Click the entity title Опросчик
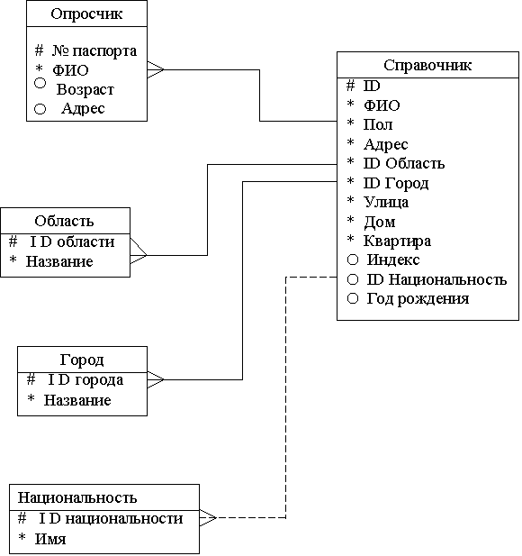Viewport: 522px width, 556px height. (x=86, y=14)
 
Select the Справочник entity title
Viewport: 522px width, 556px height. (x=427, y=65)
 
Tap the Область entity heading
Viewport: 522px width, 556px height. (x=64, y=221)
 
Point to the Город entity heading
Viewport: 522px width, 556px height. (x=82, y=360)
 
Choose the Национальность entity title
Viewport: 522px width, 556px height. (x=77, y=497)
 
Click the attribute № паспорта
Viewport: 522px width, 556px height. (x=94, y=50)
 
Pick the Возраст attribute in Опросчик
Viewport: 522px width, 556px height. (x=85, y=89)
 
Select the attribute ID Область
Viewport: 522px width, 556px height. (x=404, y=163)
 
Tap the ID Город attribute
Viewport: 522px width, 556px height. (x=396, y=183)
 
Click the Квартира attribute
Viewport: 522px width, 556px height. (x=397, y=242)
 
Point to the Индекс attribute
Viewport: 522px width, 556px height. (x=393, y=260)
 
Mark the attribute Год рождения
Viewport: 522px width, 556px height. (x=418, y=298)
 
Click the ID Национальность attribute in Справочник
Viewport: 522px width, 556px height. (x=436, y=279)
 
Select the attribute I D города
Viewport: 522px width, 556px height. (x=85, y=380)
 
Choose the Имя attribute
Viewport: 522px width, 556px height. (x=50, y=539)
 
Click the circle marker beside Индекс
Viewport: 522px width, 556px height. (x=353, y=260)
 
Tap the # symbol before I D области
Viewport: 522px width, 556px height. (x=13, y=242)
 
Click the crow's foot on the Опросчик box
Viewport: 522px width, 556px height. (x=156, y=70)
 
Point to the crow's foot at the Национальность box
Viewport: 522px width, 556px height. (x=208, y=518)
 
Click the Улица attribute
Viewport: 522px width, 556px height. (x=386, y=203)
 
